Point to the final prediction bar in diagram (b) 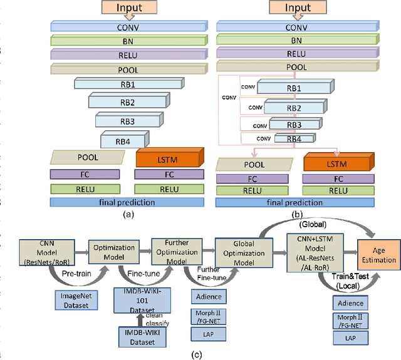(278, 202)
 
